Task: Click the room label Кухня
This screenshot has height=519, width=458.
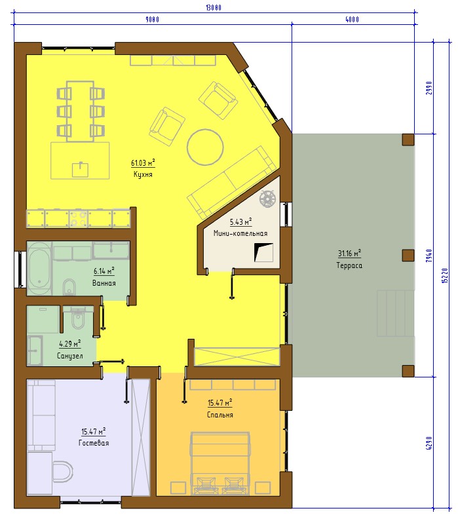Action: point(143,174)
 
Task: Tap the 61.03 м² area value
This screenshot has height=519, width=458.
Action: point(143,163)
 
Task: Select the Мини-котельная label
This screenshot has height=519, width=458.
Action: point(240,233)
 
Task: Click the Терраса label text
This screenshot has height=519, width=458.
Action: point(349,265)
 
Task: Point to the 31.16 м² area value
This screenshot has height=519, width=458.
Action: point(349,254)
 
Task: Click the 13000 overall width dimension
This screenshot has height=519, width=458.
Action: point(214,8)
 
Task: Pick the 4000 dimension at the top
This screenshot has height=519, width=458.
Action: point(352,20)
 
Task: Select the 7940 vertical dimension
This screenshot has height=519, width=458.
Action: point(429,256)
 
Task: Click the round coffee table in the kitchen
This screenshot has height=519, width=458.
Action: point(205,147)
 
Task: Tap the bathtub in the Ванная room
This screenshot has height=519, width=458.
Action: point(39,269)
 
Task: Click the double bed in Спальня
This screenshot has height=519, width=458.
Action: point(219,463)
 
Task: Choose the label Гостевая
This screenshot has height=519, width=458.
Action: point(94,443)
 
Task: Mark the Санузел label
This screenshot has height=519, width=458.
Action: point(70,356)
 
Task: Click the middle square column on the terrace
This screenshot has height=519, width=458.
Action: point(408,256)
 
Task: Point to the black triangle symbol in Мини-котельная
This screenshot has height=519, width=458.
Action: point(260,252)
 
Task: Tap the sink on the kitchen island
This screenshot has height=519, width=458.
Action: point(80,170)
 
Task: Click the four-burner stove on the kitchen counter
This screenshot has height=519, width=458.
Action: point(79,219)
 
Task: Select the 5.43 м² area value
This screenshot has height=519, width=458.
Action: point(240,221)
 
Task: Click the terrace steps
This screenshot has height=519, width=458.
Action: point(396,313)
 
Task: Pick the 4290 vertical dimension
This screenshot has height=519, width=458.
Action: point(429,443)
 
